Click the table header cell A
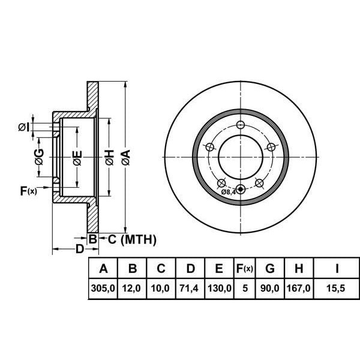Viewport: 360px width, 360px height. (103, 268)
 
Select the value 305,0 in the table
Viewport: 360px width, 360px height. (103, 289)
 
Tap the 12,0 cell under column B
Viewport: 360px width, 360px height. (132, 289)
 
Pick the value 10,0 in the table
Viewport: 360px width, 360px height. (161, 289)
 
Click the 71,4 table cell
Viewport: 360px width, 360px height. (190, 289)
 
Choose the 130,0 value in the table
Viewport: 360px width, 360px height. (220, 289)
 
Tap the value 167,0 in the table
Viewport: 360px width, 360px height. (298, 289)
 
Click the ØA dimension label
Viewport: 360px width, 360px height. (125, 158)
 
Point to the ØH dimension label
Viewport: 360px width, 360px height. (109, 158)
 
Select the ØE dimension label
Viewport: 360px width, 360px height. (77, 158)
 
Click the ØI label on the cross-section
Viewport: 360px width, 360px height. (22, 126)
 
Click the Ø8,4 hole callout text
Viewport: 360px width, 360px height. (229, 192)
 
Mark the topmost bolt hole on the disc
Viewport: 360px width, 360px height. (241, 125)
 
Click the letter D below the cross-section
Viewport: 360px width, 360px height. (79, 248)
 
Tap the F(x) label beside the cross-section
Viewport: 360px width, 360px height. (28, 191)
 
